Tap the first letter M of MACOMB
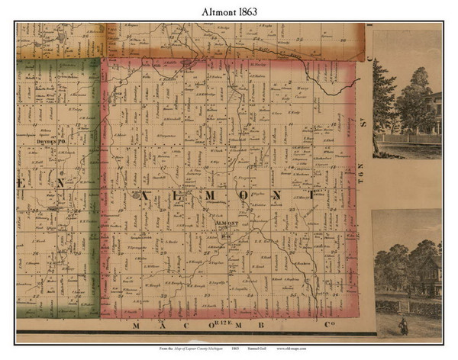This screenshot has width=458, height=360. click(138, 326)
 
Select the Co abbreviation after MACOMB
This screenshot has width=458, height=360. click(318, 326)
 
